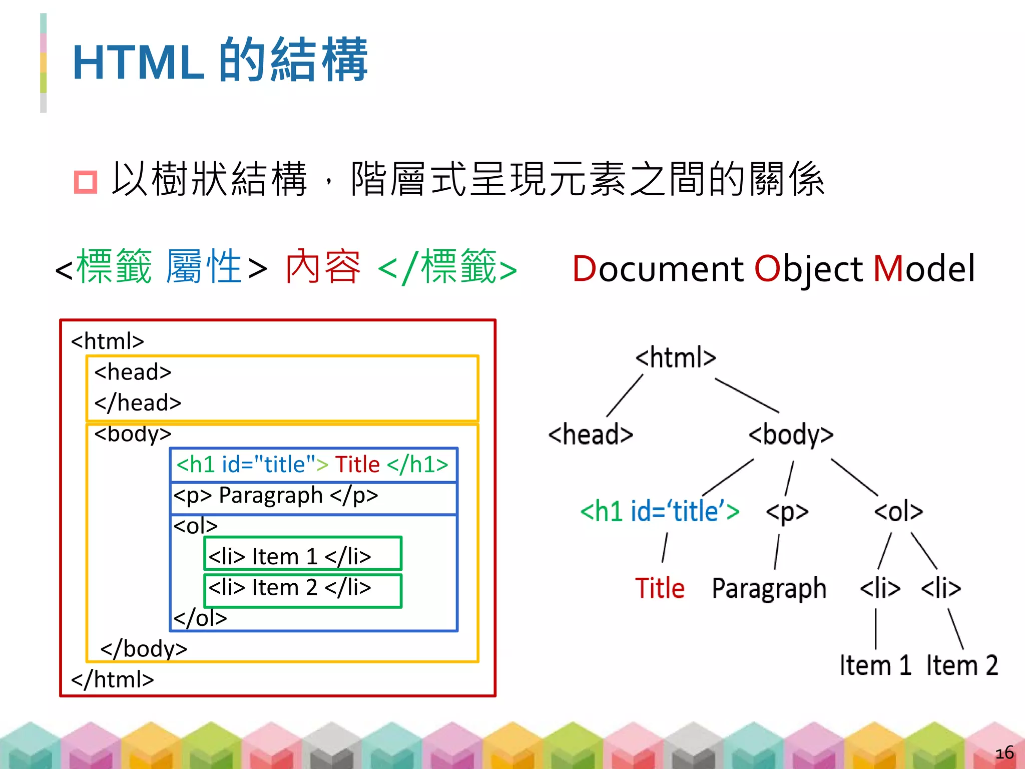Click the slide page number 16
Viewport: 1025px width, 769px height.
point(1004,752)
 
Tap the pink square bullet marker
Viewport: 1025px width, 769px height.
point(85,182)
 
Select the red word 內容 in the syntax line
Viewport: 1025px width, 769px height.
point(323,267)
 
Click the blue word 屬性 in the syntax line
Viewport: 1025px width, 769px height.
point(204,267)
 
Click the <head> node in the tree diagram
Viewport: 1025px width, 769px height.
point(591,434)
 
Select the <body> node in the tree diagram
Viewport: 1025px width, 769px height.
point(791,434)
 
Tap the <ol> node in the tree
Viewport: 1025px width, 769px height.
point(898,511)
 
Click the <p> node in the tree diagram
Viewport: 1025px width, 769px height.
point(787,512)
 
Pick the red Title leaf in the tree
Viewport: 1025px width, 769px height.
point(660,588)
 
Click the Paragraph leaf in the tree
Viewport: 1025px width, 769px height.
point(769,588)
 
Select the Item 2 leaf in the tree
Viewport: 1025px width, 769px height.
point(962,665)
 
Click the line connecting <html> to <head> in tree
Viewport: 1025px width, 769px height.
point(625,396)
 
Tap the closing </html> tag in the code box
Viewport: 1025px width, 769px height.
point(113,679)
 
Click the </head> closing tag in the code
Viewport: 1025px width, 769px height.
point(138,403)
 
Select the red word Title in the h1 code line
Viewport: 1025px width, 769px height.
point(357,465)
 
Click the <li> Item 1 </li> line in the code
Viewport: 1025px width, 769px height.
point(290,556)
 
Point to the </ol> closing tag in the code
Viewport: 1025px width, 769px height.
point(200,618)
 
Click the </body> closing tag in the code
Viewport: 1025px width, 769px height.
point(144,649)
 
